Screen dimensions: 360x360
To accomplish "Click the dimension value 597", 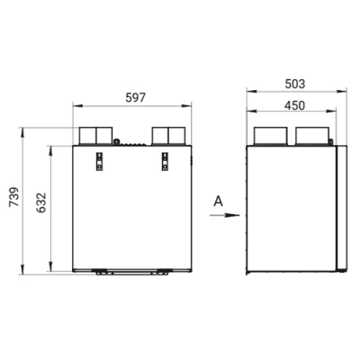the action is pyautogui.click(x=135, y=97).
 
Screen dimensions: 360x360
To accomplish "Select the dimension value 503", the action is pyautogui.click(x=295, y=84).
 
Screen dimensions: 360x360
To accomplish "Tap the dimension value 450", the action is pyautogui.click(x=294, y=105).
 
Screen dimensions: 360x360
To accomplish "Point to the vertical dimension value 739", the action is pyautogui.click(x=14, y=197).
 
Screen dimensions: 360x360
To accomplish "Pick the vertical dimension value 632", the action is pyautogui.click(x=41, y=202).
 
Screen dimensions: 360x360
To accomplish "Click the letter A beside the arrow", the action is pyautogui.click(x=218, y=201).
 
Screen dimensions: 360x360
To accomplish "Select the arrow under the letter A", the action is pyautogui.click(x=224, y=215).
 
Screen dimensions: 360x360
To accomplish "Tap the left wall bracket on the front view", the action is pyautogui.click(x=99, y=161).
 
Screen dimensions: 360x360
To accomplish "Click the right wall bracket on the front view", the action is pyautogui.click(x=165, y=161).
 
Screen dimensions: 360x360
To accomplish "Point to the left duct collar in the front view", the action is pyautogui.click(x=95, y=136).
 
